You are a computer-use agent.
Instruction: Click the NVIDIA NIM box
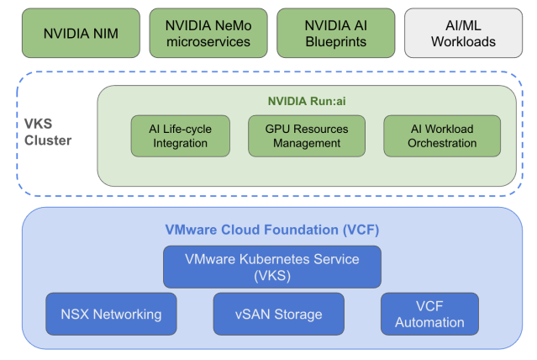pos(80,34)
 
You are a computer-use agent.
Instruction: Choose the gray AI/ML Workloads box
pos(461,34)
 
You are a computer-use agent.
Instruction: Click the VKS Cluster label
pos(48,133)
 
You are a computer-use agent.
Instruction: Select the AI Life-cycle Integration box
pos(180,135)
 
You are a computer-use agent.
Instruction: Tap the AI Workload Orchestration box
pos(441,135)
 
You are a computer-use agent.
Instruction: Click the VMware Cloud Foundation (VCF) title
pos(271,229)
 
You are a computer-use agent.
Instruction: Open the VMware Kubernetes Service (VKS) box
pos(271,267)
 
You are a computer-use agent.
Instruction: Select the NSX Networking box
pos(111,314)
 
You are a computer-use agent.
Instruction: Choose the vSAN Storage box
pos(278,314)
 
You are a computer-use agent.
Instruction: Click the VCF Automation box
pos(429,314)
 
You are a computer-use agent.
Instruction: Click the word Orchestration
pos(441,143)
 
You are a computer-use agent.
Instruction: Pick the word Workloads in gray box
pos(461,41)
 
